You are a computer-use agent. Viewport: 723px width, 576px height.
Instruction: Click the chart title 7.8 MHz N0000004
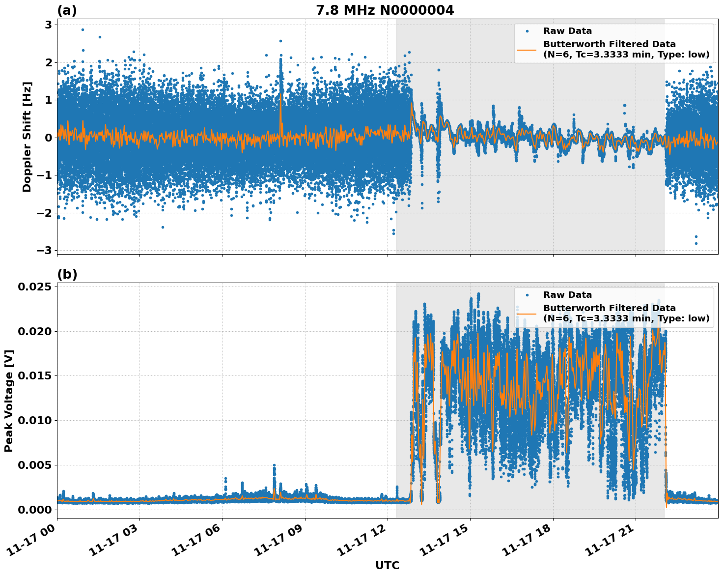pos(385,10)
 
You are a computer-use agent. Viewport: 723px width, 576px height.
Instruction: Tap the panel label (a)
pos(67,10)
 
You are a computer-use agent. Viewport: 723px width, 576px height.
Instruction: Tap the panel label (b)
pos(67,274)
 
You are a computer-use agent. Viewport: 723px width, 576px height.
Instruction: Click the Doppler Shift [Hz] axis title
pos(27,137)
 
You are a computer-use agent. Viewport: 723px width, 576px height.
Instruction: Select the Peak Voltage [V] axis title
pos(9,401)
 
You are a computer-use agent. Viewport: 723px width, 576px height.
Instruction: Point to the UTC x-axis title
pos(387,566)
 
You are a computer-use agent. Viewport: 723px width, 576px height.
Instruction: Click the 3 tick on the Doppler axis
pos(49,25)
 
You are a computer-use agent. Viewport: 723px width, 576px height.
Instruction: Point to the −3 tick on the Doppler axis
pos(45,250)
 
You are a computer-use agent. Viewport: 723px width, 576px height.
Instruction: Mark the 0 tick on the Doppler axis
pos(49,138)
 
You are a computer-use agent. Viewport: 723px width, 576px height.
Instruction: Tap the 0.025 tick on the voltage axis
pos(34,287)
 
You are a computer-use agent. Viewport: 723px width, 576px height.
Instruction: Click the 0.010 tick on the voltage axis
pos(34,420)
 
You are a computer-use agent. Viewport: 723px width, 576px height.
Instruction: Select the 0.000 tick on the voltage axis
pos(34,510)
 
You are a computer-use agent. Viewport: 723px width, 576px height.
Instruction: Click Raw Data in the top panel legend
pos(567,31)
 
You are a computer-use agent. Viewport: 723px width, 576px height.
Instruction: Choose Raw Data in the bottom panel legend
pos(567,295)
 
